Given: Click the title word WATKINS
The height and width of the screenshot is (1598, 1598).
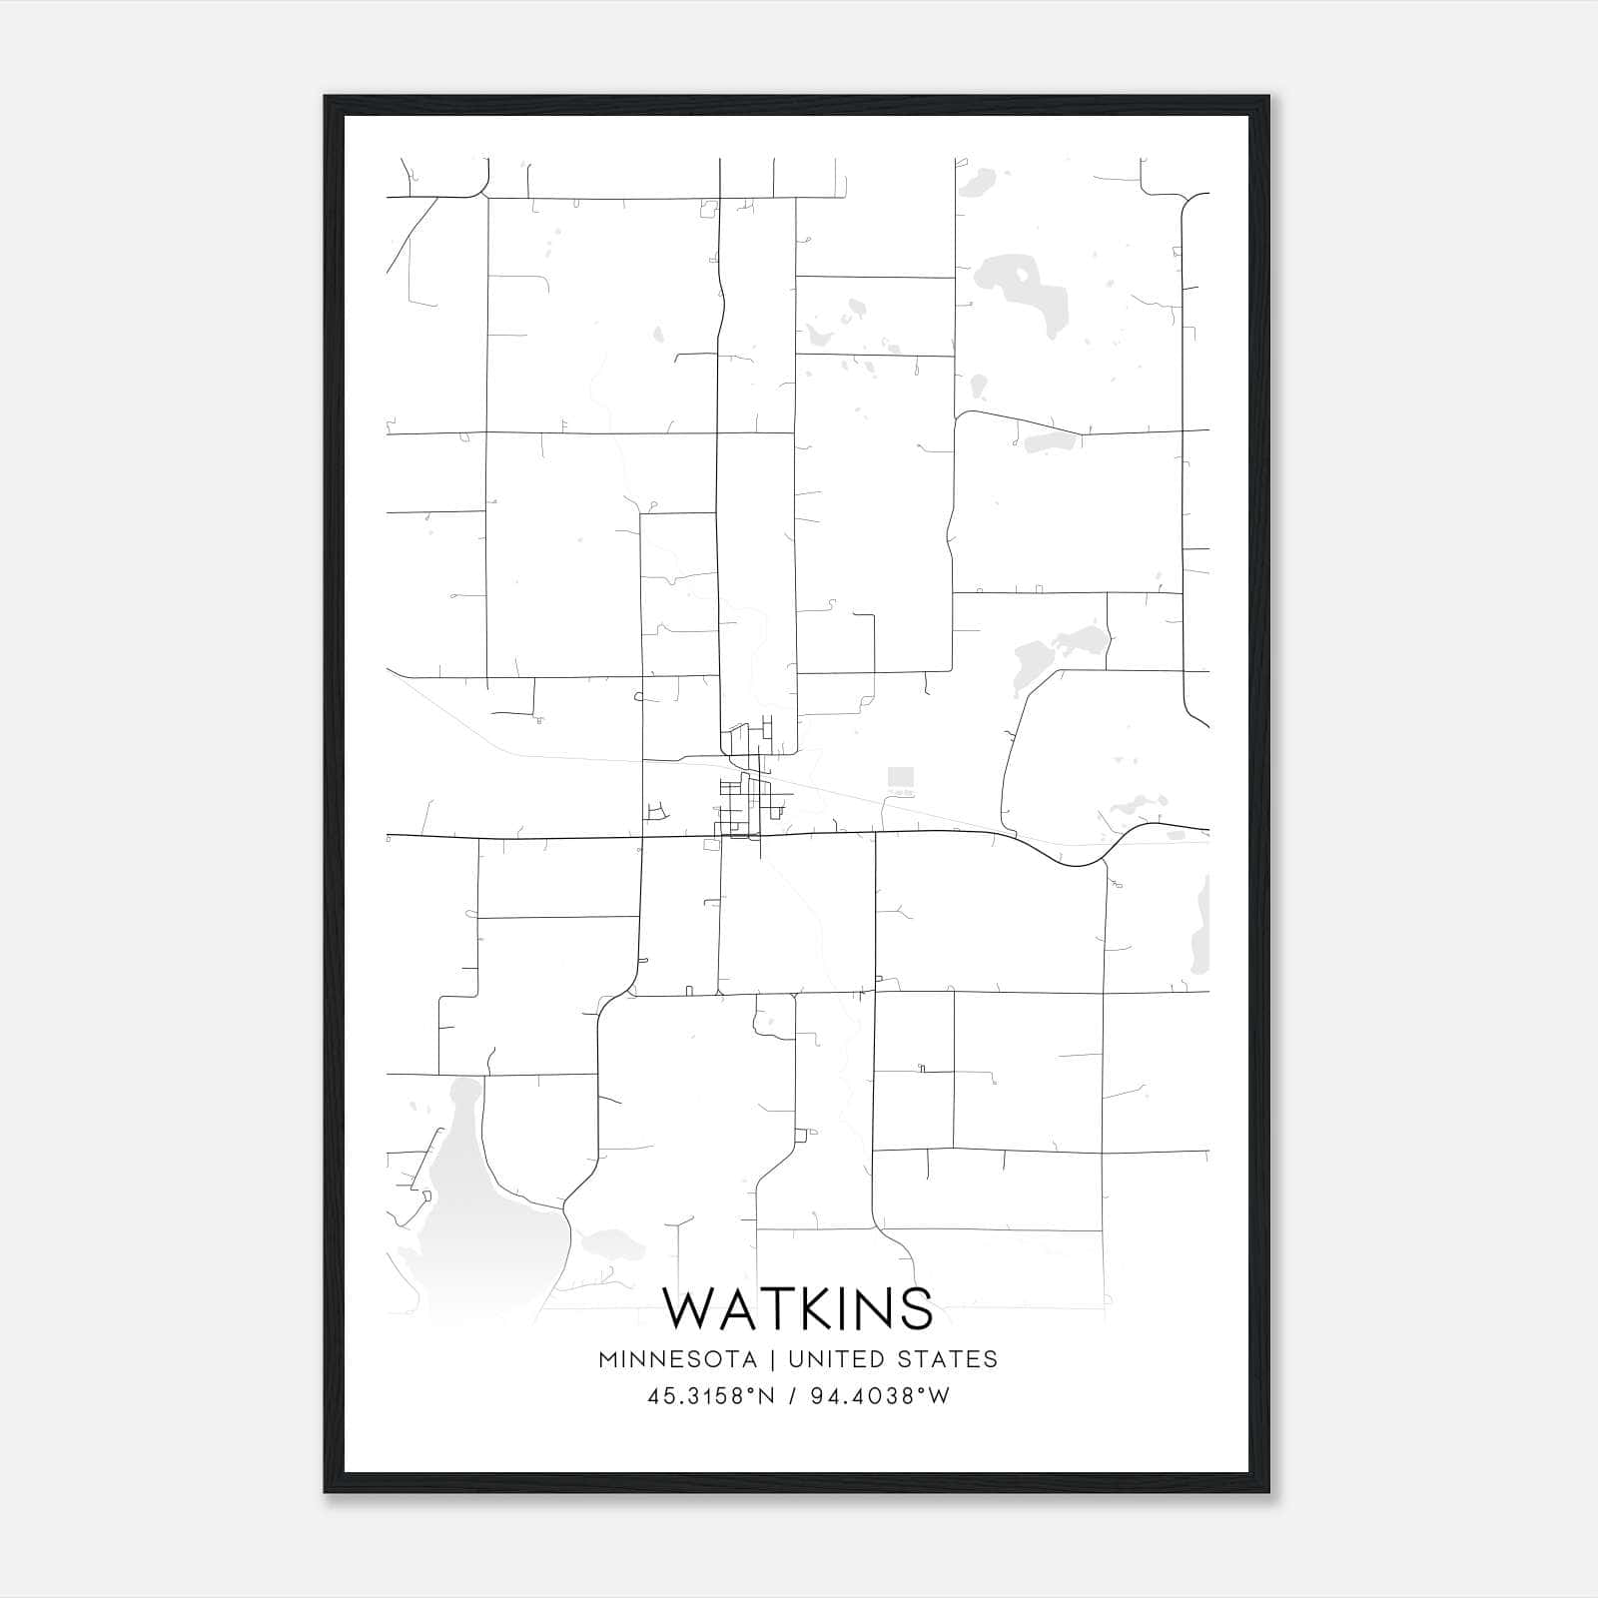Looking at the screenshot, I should pyautogui.click(x=798, y=1308).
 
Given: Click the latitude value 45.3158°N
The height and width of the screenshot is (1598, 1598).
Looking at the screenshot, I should pyautogui.click(x=711, y=1396).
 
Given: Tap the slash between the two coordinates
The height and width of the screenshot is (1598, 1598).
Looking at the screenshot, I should pyautogui.click(x=793, y=1396).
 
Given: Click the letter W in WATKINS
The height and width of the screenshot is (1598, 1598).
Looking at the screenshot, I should pyautogui.click(x=690, y=1308).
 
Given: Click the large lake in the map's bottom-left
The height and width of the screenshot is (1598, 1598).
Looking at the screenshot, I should pyautogui.click(x=479, y=1218).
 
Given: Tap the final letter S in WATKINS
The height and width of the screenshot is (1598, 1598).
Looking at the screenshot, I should pyautogui.click(x=916, y=1308).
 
